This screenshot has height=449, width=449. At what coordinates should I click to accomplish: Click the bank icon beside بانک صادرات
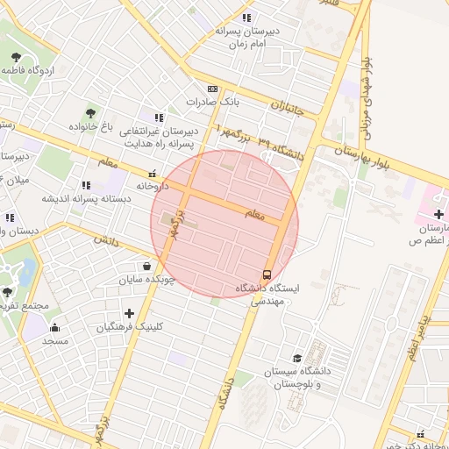click(x=212, y=89)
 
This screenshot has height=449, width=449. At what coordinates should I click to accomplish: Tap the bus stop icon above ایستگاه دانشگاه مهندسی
click(x=267, y=273)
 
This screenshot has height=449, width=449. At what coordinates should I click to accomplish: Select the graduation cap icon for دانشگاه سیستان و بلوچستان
click(x=297, y=358)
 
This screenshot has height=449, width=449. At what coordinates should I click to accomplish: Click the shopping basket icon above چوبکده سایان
click(x=146, y=266)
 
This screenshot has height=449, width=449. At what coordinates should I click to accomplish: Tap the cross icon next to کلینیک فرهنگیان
click(x=129, y=313)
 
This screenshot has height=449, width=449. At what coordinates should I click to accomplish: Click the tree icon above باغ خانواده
click(x=90, y=113)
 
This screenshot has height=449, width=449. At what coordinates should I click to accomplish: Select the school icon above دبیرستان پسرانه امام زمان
click(x=248, y=17)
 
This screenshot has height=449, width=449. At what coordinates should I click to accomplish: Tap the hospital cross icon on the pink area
click(x=438, y=213)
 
